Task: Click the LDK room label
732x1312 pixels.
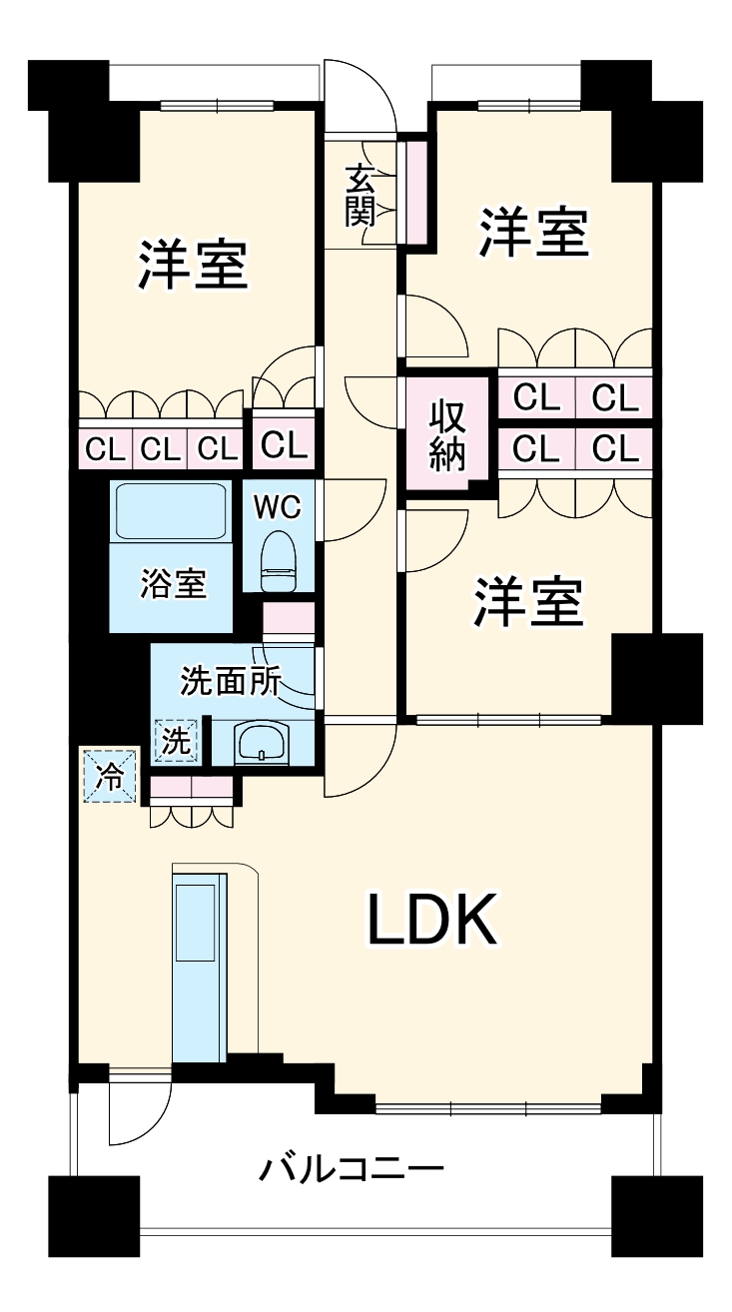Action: click(x=431, y=920)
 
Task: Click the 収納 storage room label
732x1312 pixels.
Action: click(x=448, y=435)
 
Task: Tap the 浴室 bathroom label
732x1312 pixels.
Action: click(x=173, y=584)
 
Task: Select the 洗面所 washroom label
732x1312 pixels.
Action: click(x=231, y=681)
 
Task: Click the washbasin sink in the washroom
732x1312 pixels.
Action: click(x=262, y=742)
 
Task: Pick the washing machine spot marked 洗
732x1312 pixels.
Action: click(x=176, y=743)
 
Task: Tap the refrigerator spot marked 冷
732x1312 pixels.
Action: click(x=109, y=776)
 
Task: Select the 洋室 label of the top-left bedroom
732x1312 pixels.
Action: click(x=193, y=264)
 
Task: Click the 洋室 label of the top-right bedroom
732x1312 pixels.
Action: click(x=532, y=232)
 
